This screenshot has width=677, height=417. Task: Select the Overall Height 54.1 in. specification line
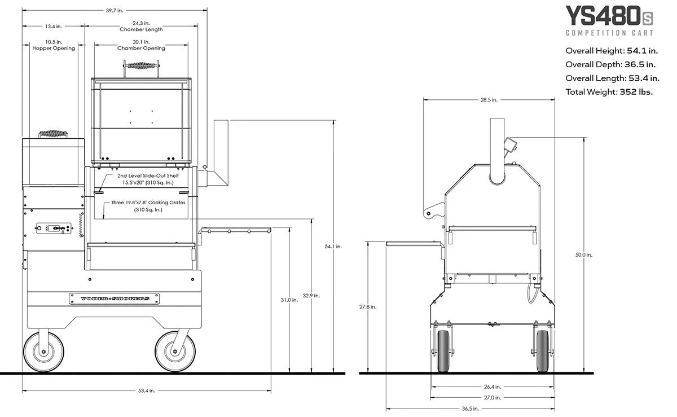point(611,50)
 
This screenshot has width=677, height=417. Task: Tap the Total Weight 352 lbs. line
point(609,92)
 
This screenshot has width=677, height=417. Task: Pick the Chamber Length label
point(141,29)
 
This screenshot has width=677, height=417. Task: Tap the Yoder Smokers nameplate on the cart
point(109,299)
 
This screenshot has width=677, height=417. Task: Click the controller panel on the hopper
point(53,229)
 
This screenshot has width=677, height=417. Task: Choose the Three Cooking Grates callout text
point(148,206)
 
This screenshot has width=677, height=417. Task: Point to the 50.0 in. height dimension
point(584,254)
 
